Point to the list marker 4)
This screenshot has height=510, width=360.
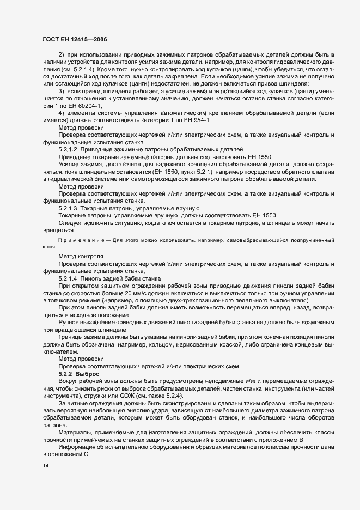[x=62, y=112]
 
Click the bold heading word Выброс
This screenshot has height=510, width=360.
[x=88, y=374]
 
